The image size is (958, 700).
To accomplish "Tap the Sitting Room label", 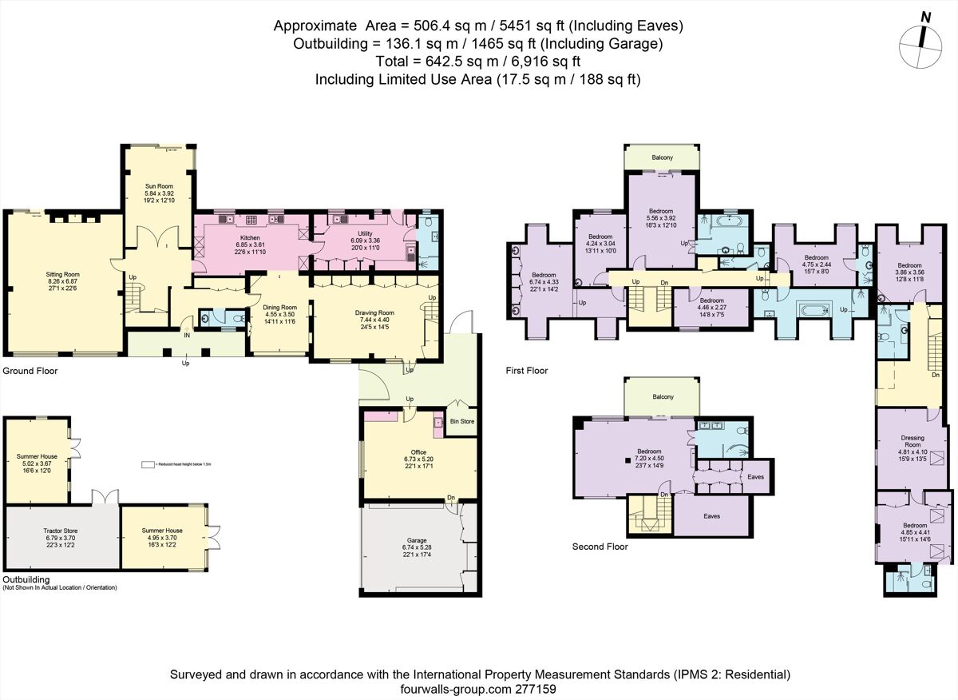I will coord(62,274).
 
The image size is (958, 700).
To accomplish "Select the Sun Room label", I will coord(158,183).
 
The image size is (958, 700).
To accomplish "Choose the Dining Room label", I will coord(279,307).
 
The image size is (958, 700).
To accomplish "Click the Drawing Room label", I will coord(374,312).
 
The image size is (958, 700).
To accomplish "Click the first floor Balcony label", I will coord(662,157).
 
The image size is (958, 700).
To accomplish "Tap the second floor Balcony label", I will coord(662,396).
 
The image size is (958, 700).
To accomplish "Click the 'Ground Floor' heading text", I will coord(30,371).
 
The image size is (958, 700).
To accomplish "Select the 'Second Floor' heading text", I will coord(600,547).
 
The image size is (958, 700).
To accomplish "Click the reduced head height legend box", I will coord(146,464).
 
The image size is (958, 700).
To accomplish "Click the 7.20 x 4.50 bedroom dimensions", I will coord(649,458).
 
